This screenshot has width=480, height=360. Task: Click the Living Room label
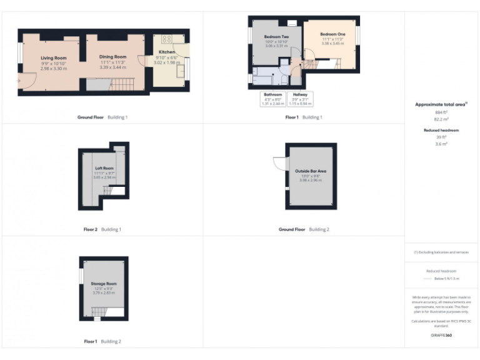[54, 58]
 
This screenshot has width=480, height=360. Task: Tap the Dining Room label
[112, 57]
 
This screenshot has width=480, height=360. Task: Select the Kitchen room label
[167, 52]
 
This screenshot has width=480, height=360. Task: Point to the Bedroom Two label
[275, 37]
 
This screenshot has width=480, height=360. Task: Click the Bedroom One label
[332, 34]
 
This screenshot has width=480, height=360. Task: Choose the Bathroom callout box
[272, 99]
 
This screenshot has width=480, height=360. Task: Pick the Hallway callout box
[300, 99]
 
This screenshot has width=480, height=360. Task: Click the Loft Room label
[104, 168]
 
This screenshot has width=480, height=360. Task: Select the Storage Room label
[104, 284]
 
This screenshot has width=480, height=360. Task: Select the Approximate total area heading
[440, 104]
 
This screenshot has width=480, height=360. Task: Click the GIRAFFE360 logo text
[441, 336]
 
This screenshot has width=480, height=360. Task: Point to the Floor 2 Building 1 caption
[102, 229]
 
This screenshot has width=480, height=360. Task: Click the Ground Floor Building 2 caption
[304, 229]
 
